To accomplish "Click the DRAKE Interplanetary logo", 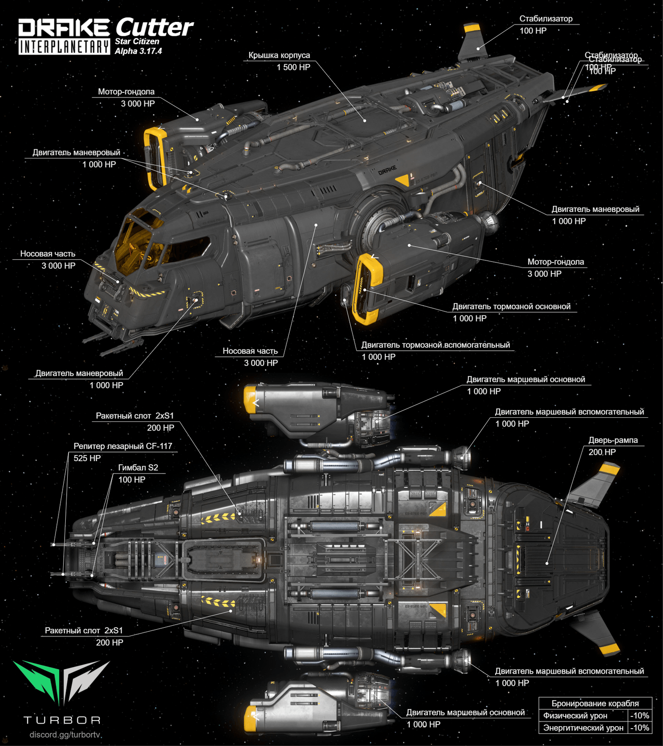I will (x=64, y=37).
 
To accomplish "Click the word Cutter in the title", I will (x=154, y=27).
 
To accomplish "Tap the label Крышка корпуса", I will (x=279, y=55).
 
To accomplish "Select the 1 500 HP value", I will (x=293, y=67).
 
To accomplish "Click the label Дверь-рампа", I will (x=613, y=440).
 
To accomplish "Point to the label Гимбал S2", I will (x=138, y=468).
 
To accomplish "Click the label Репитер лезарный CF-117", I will (x=123, y=446).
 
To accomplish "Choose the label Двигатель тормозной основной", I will (x=511, y=307).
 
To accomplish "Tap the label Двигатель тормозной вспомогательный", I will (x=435, y=345).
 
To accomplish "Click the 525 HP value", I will (x=87, y=458).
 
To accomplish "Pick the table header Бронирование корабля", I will (x=595, y=704).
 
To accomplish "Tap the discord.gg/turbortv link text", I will (x=65, y=735).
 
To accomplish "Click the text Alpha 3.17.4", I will (x=138, y=51).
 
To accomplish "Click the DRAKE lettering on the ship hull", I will (x=387, y=170).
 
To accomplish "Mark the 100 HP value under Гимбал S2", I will (x=131, y=480).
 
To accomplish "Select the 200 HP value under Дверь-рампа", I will (x=602, y=452).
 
